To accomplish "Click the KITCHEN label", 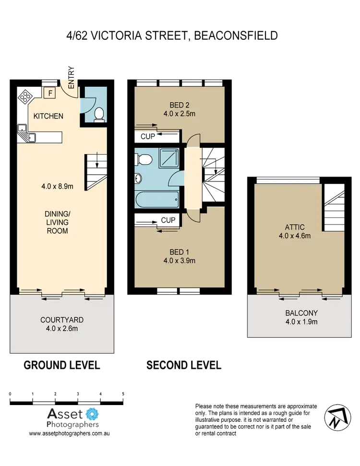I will tap(48, 116).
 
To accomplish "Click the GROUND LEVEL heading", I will tap(61, 366).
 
